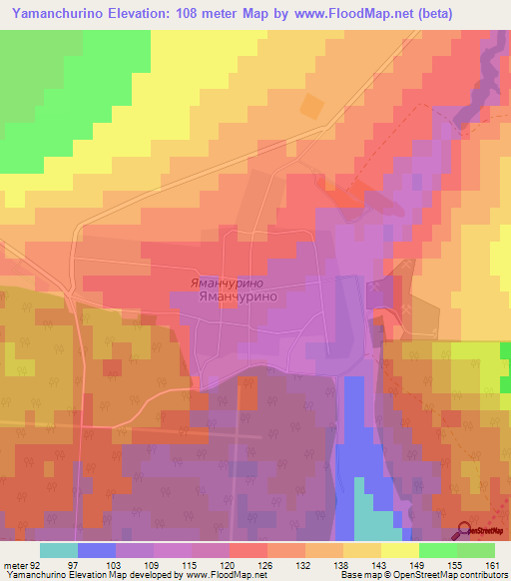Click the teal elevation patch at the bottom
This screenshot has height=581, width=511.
(x=374, y=524)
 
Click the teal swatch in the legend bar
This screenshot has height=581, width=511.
(x=59, y=550)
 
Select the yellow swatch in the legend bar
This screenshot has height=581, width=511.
(x=400, y=550)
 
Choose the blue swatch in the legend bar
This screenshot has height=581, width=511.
(x=97, y=550)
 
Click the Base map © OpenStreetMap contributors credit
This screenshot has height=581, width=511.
(x=422, y=576)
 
